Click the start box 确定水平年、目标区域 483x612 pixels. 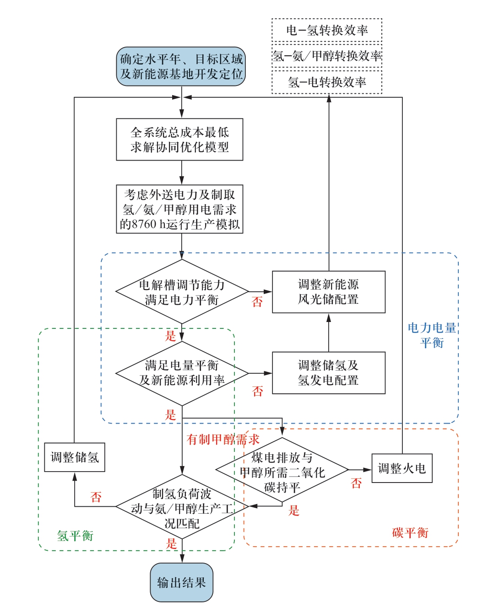(x=181, y=66)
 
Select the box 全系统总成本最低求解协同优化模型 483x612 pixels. (x=179, y=140)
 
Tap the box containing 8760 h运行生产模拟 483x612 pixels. (x=179, y=209)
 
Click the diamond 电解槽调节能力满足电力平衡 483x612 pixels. (x=182, y=292)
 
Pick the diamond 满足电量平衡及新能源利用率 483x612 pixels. (x=182, y=373)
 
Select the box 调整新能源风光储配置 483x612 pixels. (x=328, y=292)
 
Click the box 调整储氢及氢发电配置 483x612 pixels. (x=328, y=373)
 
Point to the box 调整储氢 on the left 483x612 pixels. (x=75, y=457)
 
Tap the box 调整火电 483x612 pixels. (x=402, y=468)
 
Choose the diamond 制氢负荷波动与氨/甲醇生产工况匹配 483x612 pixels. (x=182, y=507)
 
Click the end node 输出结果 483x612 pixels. (x=182, y=582)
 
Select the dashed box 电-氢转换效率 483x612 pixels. (x=326, y=30)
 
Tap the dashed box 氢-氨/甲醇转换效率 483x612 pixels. (x=326, y=56)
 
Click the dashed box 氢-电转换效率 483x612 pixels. (x=326, y=82)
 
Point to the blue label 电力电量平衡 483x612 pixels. (x=432, y=335)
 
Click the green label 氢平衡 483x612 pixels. (x=75, y=535)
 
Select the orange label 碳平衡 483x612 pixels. (x=410, y=532)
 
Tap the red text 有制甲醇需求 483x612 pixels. (x=223, y=440)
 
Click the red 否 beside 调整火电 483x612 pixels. (x=356, y=483)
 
